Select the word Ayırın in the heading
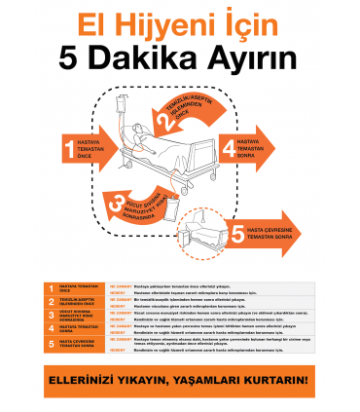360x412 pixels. pos(253,56)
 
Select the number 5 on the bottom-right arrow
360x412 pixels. pos(235,233)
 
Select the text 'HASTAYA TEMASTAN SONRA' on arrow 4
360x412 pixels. pos(251,148)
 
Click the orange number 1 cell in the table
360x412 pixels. pos(51,287)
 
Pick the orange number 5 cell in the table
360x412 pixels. pos(51,344)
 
